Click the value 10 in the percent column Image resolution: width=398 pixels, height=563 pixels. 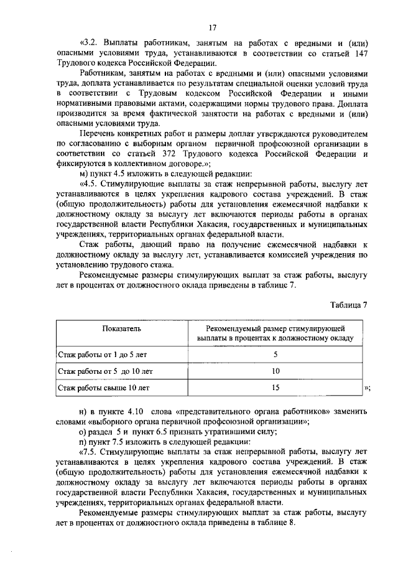tap(275, 371)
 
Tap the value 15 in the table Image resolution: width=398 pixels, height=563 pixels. tap(275, 388)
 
